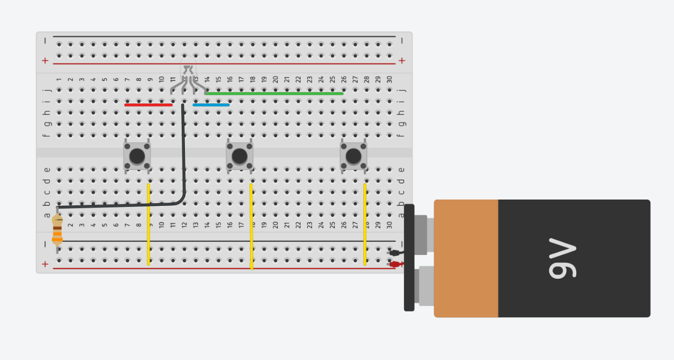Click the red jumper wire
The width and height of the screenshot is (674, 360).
[x=148, y=105]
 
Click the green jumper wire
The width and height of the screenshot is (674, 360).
[x=275, y=93]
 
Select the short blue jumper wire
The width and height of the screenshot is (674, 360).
[x=211, y=105]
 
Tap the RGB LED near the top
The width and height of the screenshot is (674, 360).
[x=188, y=69]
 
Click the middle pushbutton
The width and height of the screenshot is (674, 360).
[x=239, y=156]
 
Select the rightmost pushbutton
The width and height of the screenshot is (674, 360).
[x=353, y=156]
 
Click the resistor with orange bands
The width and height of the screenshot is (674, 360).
[x=57, y=231]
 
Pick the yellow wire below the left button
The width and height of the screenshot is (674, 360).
[x=148, y=224]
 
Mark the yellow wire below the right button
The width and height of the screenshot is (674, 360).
[x=364, y=224]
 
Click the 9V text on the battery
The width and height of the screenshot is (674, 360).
[x=563, y=258]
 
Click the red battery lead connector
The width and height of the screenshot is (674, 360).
[x=394, y=264]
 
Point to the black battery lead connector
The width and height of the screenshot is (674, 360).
[x=394, y=253]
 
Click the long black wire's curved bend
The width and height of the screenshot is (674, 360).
[x=181, y=200]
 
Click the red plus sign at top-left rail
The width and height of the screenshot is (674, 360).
[x=45, y=61]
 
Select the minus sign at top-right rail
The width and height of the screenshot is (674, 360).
[x=402, y=41]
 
